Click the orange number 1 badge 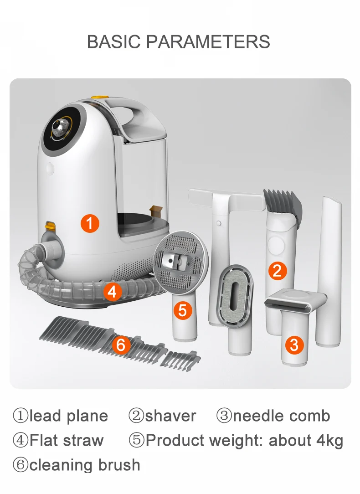90,223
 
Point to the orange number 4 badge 112,292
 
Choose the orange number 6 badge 120,345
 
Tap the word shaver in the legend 170,416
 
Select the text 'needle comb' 281,416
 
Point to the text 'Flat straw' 67,441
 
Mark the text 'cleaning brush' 84,465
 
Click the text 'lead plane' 68,416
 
